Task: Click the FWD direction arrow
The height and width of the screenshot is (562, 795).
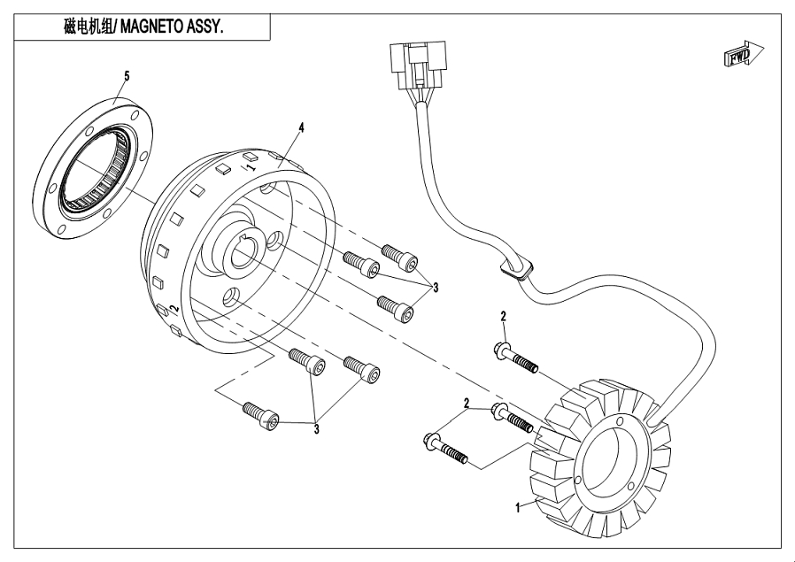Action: [x=744, y=53]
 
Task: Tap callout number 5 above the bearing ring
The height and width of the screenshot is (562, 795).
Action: [x=127, y=76]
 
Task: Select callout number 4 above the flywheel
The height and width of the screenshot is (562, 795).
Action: [x=302, y=127]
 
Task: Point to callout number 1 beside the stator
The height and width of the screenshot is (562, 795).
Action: [x=518, y=507]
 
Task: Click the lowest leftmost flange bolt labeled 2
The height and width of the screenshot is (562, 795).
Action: [x=444, y=448]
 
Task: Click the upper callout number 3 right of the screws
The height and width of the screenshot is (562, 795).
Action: [x=435, y=288]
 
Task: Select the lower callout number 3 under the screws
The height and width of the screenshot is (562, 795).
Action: [x=316, y=430]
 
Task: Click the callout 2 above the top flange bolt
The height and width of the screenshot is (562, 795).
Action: [x=503, y=317]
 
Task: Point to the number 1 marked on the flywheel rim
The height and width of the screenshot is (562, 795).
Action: [x=251, y=166]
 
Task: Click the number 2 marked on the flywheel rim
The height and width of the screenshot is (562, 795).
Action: [x=174, y=308]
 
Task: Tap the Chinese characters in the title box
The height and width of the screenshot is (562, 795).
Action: [x=89, y=27]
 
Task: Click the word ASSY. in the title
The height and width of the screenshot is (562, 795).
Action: [x=205, y=27]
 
